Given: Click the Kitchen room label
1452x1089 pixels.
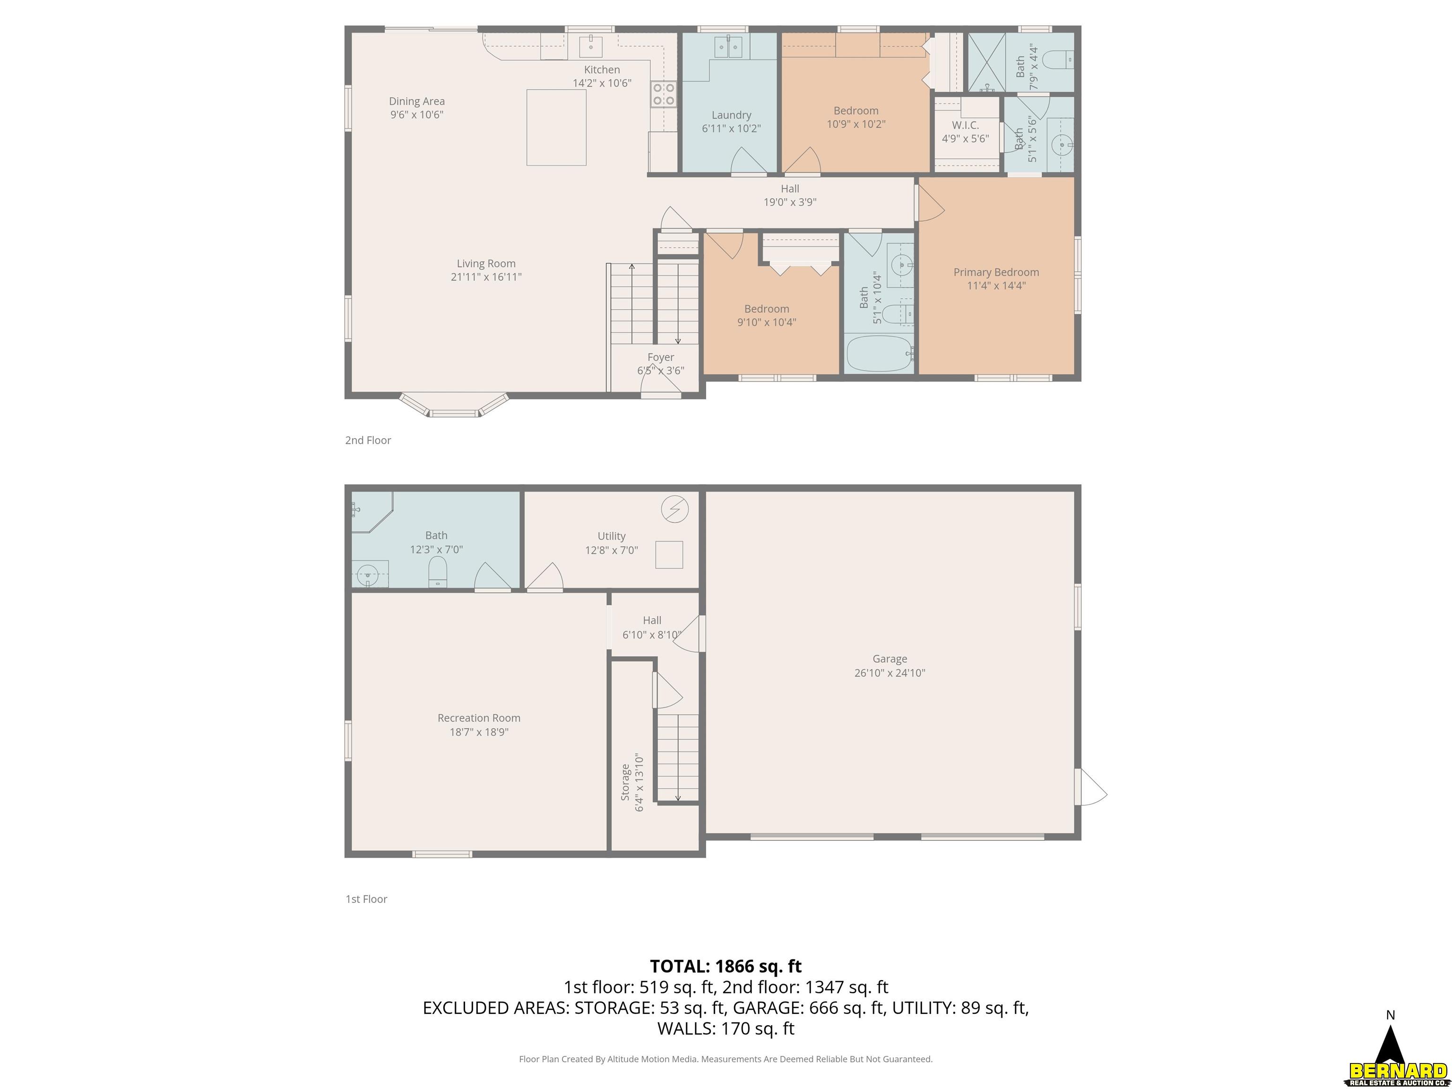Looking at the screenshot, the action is (x=602, y=69).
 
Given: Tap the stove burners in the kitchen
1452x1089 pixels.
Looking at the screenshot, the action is (x=663, y=94).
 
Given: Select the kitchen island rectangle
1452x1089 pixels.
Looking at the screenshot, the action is (x=556, y=127).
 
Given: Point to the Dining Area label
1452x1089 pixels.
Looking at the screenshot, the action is (x=417, y=101).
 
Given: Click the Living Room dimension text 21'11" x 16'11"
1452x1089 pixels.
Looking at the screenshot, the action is (x=486, y=277).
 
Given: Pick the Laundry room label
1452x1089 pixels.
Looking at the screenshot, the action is (x=731, y=115).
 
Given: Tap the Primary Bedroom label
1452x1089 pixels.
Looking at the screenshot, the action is (x=996, y=272).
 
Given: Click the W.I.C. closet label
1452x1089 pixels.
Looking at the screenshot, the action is (x=966, y=125).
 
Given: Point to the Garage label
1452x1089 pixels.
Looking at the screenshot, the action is (x=890, y=659).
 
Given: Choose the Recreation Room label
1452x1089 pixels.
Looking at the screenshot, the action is (x=479, y=718).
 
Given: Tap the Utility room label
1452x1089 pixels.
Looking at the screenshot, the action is (x=611, y=536).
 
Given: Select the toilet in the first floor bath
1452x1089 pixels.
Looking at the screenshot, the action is (x=437, y=572).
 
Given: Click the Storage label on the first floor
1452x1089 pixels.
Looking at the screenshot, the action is (x=626, y=782).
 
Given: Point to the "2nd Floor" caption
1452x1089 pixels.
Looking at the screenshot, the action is (x=368, y=441).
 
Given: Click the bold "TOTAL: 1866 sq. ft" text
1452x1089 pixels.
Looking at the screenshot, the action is (x=726, y=966).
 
